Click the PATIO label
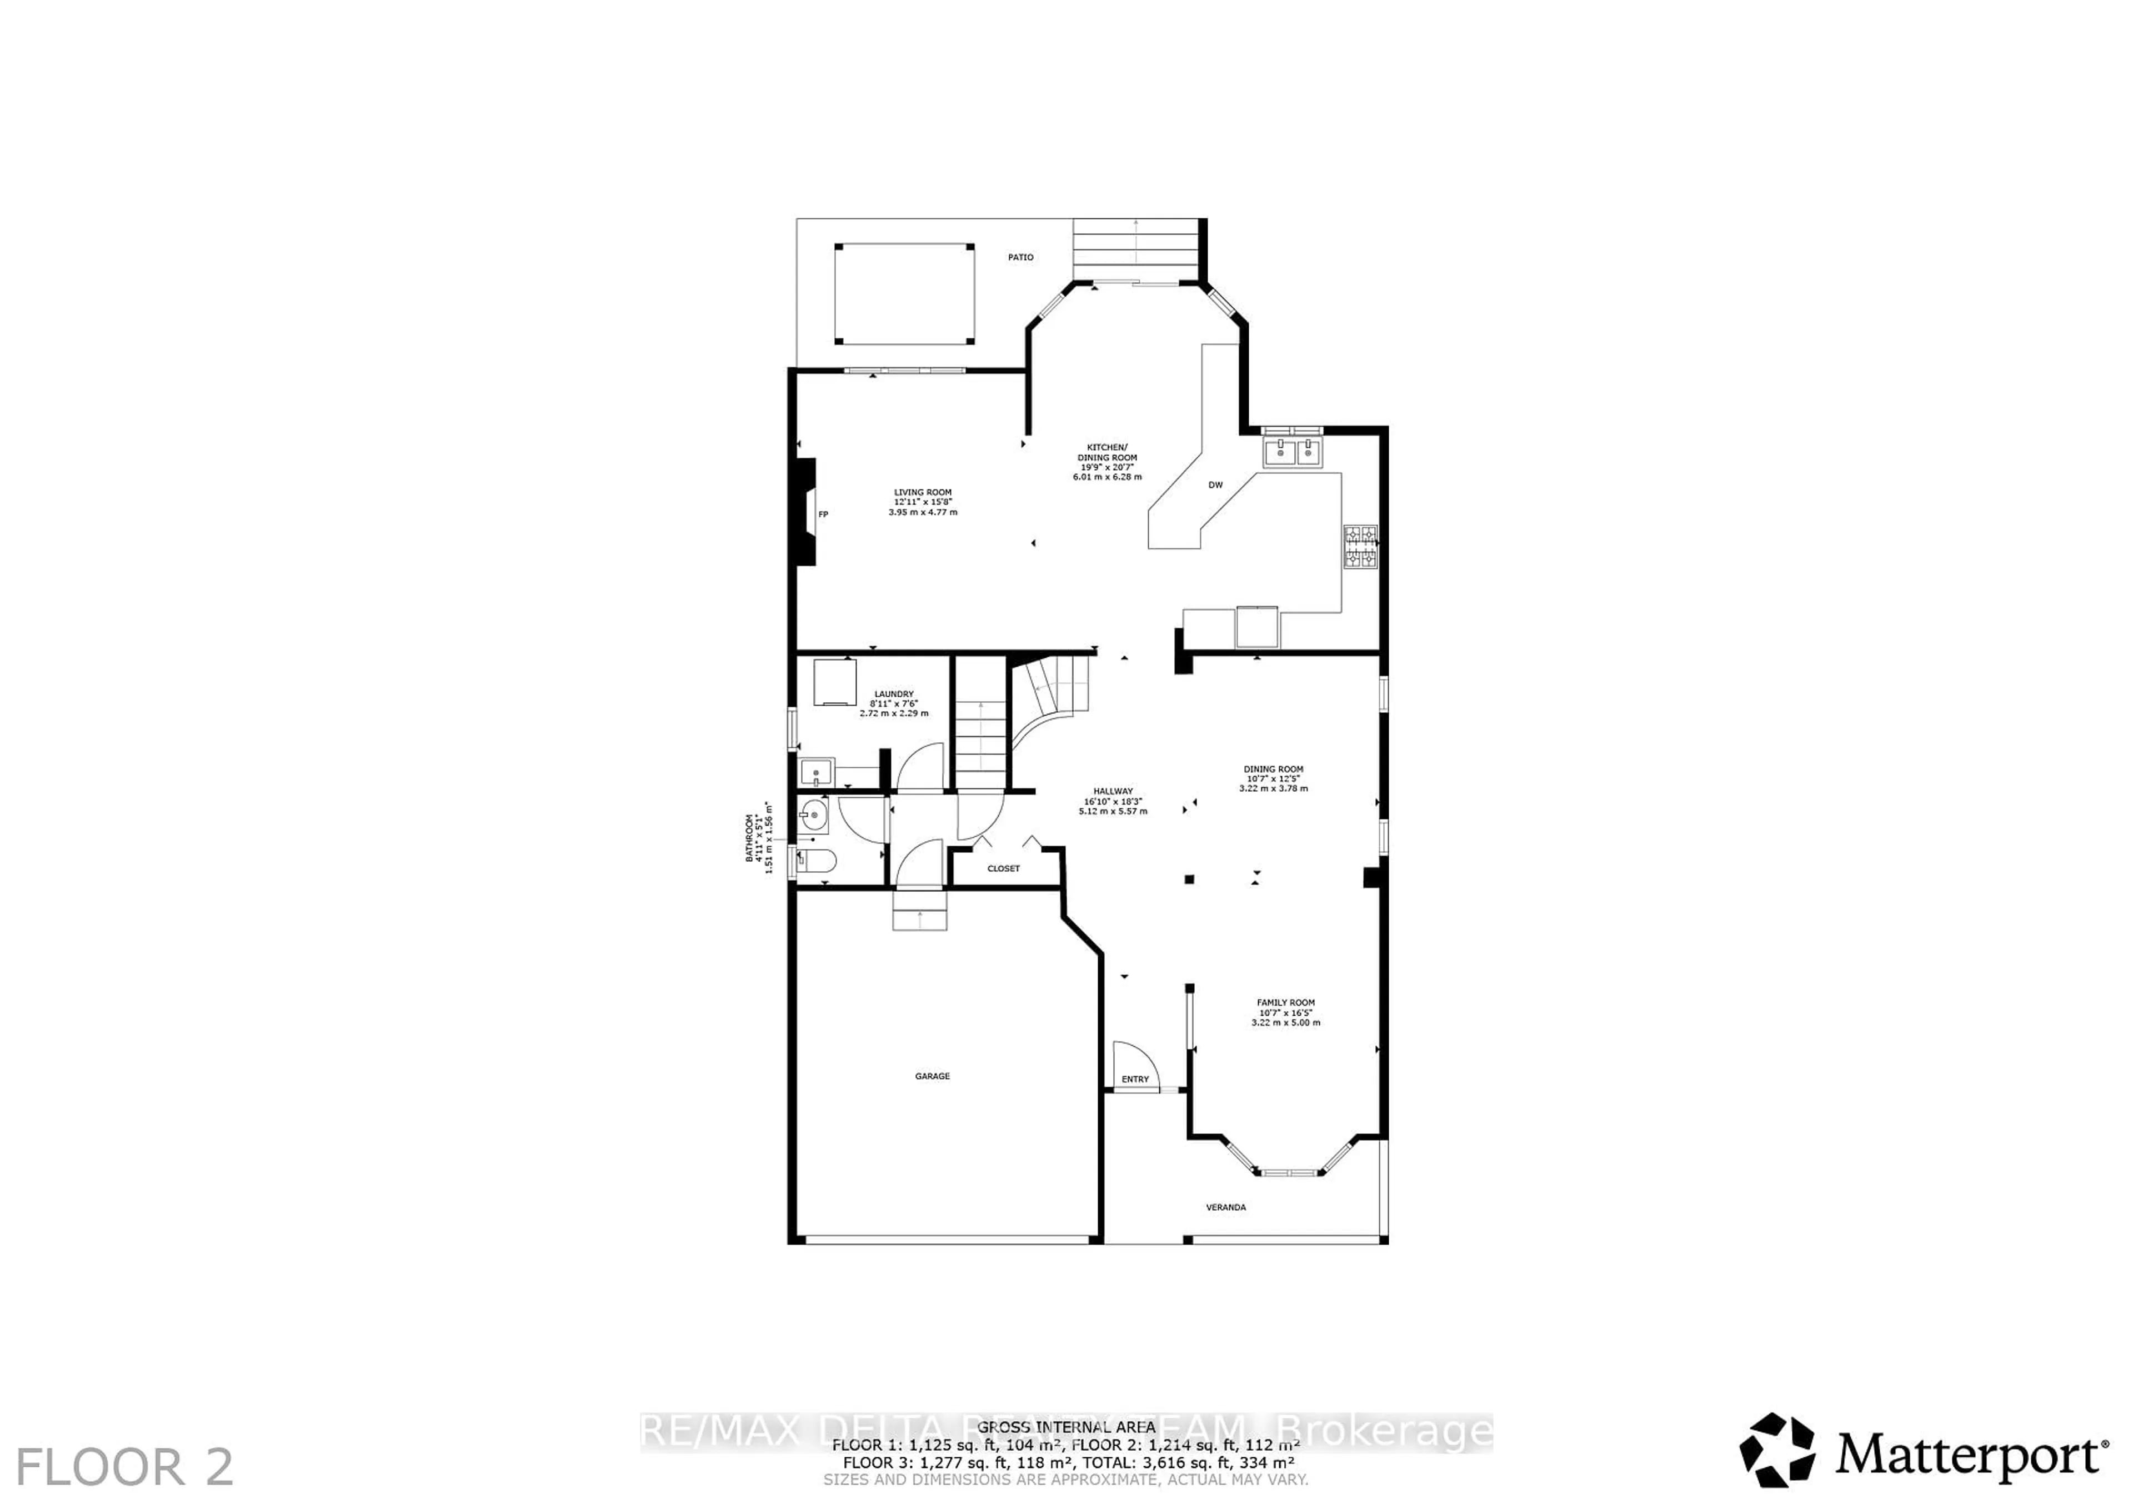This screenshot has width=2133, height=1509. point(1020,257)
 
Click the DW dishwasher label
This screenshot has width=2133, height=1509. point(1215,485)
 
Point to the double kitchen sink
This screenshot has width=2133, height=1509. point(1292,452)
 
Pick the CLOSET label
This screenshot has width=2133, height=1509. point(1003,869)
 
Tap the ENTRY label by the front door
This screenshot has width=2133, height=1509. point(1135,1079)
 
